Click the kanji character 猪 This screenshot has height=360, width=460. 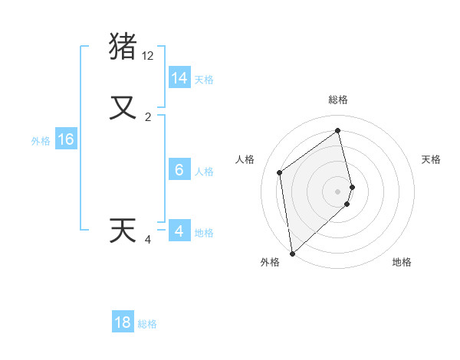[123, 46]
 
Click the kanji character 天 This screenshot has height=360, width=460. [123, 231]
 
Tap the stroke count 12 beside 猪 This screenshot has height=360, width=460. [148, 56]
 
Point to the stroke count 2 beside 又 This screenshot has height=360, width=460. [148, 117]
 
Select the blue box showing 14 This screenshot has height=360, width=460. [179, 78]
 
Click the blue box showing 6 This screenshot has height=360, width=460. [179, 170]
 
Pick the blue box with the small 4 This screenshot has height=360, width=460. [179, 231]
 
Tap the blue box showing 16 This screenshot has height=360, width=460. [66, 139]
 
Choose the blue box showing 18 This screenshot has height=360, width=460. [123, 322]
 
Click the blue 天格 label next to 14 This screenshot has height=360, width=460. [204, 80]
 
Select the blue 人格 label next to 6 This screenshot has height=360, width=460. [204, 172]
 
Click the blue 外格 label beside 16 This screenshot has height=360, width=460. [41, 141]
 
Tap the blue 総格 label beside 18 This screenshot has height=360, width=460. [147, 324]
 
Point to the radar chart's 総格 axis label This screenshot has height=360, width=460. [338, 100]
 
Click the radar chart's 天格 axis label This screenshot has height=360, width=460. [432, 159]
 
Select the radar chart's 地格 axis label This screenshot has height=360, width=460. [402, 262]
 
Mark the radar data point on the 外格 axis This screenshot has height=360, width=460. [291, 253]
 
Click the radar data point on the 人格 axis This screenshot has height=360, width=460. [280, 172]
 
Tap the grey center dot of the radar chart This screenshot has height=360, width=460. [338, 191]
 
